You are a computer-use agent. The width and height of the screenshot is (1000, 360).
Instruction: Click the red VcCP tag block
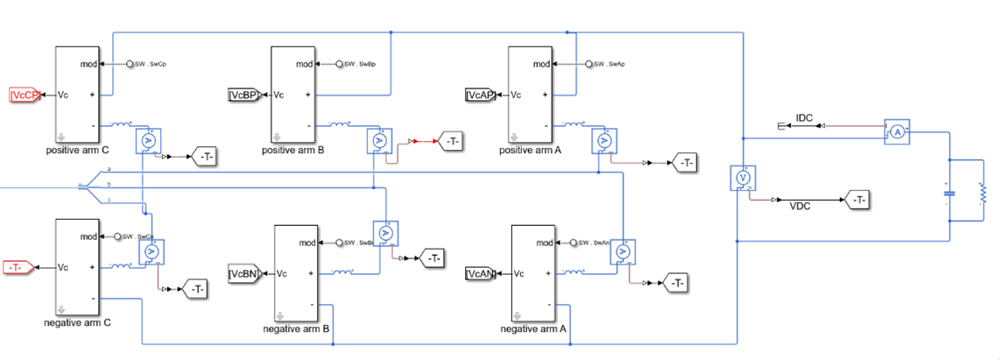(25, 95)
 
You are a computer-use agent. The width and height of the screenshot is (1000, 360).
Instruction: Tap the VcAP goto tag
(482, 95)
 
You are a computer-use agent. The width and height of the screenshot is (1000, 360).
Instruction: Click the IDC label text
(805, 116)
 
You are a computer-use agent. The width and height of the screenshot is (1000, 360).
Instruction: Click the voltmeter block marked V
(742, 178)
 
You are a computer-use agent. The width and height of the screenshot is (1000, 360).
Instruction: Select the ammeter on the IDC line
(897, 131)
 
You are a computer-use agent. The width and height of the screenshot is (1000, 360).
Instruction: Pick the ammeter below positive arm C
(149, 140)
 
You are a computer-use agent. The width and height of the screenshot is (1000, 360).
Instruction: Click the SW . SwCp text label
(150, 64)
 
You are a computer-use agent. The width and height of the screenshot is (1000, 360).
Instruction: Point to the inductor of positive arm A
(574, 125)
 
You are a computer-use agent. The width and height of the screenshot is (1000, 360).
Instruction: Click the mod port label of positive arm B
(304, 64)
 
